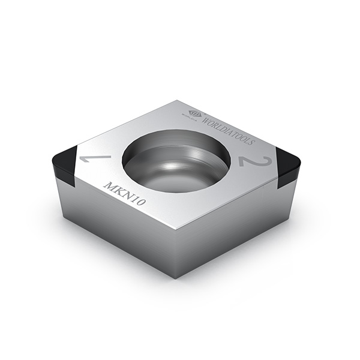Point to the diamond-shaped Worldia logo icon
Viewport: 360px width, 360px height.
click(x=195, y=113)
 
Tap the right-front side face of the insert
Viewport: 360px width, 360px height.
click(x=234, y=231)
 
